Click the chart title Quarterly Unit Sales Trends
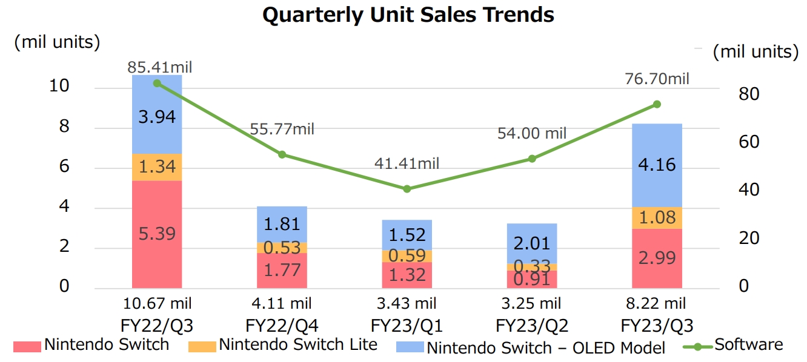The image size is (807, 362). point(408,15)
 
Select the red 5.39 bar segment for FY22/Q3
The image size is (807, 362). point(157,234)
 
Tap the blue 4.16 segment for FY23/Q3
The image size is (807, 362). point(657,165)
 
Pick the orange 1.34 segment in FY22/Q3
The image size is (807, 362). point(157,167)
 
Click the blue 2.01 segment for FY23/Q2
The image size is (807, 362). point(532,243)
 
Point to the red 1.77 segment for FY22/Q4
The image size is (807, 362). point(282,270)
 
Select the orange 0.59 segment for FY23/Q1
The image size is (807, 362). point(407,255)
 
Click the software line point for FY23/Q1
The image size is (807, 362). point(407,189)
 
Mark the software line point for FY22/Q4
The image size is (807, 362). point(282,154)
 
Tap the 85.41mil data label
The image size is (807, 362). point(159,67)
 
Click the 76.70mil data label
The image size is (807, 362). point(657,79)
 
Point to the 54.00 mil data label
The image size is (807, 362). point(532,133)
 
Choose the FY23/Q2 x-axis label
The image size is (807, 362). point(532,326)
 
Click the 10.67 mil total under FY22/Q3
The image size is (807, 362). point(157,303)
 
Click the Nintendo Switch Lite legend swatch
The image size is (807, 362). point(202,346)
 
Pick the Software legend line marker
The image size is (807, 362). point(697,346)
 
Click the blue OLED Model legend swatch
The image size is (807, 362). point(410,346)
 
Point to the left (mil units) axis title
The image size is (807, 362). point(58,42)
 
